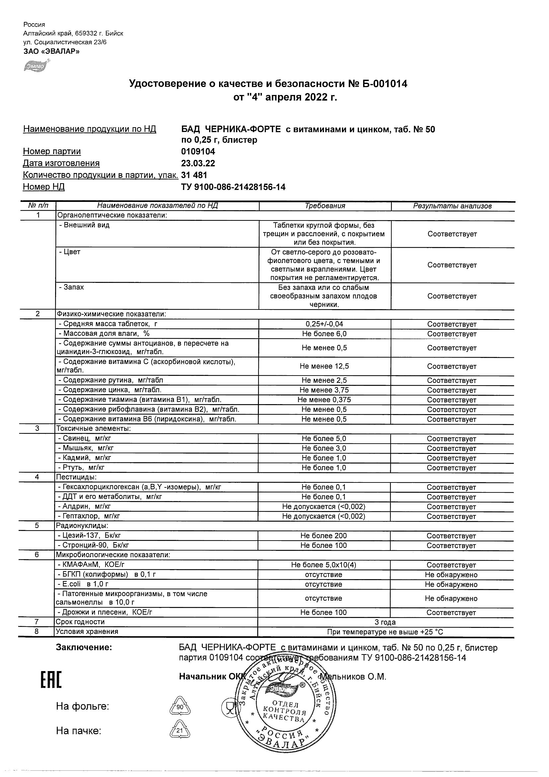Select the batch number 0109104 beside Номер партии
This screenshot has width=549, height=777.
point(198,152)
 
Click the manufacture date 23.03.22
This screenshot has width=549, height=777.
point(198,163)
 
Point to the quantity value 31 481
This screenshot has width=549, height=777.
point(194,175)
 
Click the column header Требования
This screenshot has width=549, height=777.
point(325,206)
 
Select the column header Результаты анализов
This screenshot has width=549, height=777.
point(452,206)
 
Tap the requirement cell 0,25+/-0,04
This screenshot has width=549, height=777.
point(324,324)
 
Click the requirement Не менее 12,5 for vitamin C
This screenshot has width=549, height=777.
point(324,366)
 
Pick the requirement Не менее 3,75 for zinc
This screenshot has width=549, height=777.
point(324,390)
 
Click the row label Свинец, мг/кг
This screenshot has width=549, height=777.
point(87,439)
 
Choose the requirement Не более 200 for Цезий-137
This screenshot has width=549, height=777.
point(324,536)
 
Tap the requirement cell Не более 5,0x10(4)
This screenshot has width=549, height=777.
point(324,565)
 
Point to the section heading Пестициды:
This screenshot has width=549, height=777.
point(76,477)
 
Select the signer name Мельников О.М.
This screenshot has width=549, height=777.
point(353,676)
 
